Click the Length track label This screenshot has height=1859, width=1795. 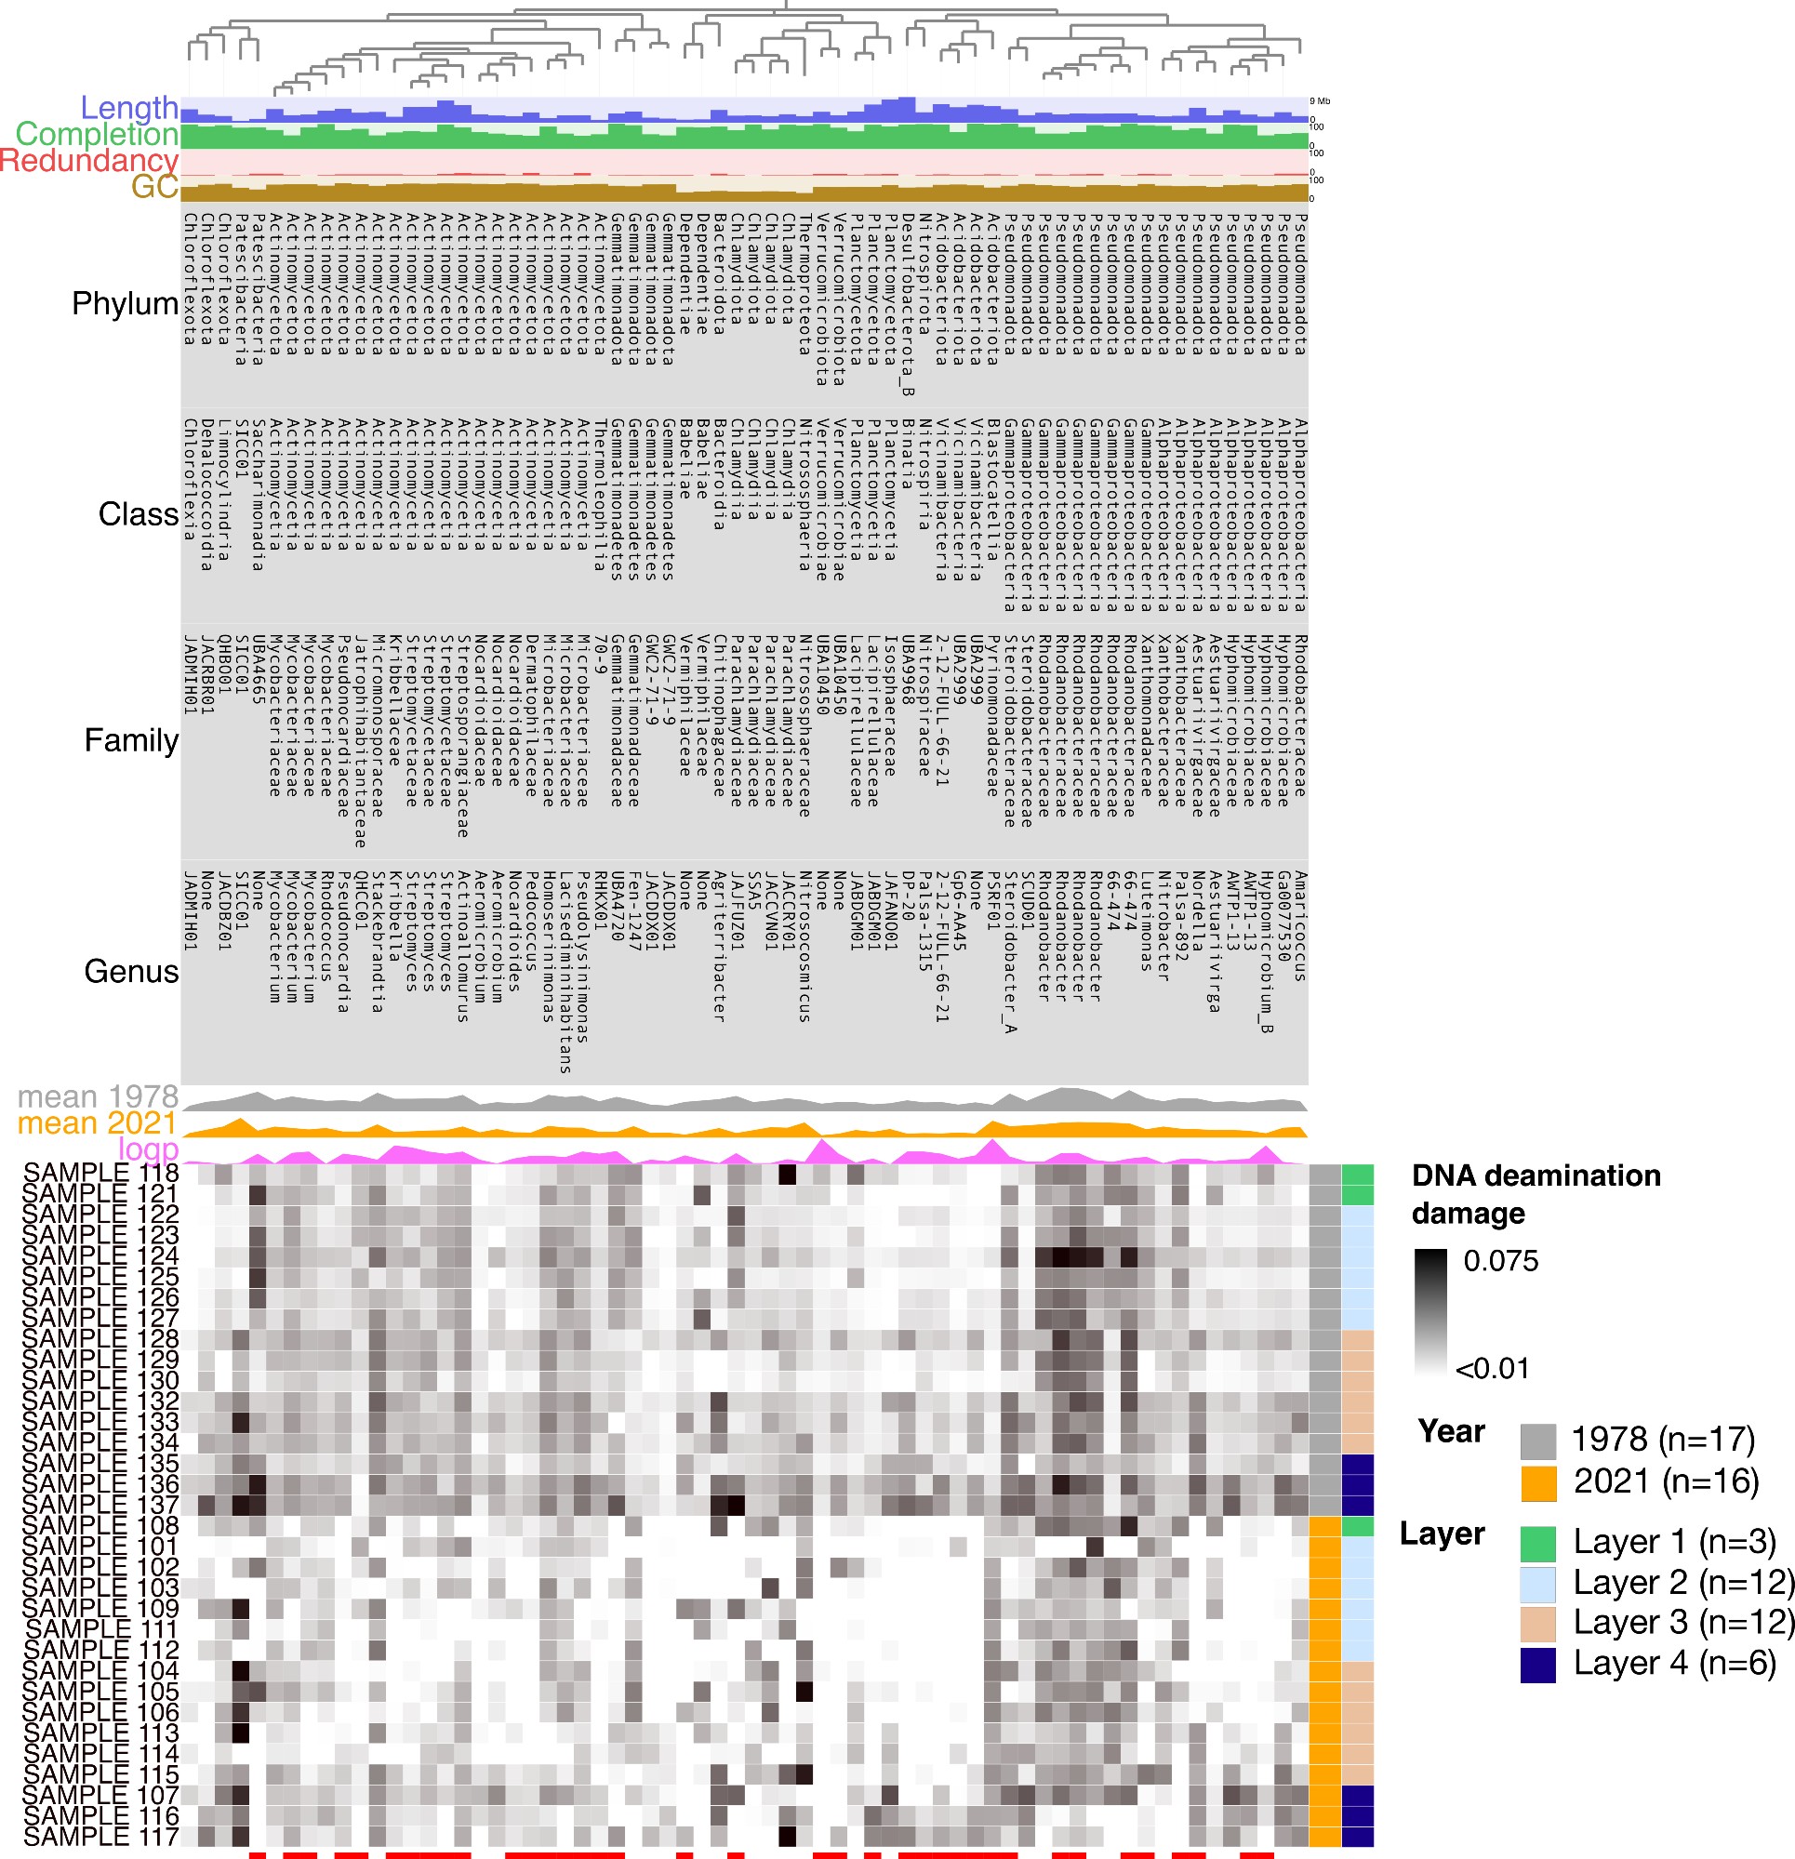[129, 108]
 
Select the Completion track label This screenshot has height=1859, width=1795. [97, 135]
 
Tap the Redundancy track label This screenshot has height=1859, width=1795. [89, 160]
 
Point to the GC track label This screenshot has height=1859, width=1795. [154, 187]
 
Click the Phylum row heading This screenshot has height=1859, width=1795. [126, 303]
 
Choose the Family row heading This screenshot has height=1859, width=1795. [131, 740]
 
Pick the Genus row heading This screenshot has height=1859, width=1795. [131, 971]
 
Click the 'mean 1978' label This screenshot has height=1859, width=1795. [98, 1097]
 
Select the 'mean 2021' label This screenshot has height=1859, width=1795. [98, 1124]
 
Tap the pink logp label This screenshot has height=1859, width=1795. [148, 1149]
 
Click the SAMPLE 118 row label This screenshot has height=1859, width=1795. [100, 1174]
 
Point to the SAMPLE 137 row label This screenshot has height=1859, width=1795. [100, 1506]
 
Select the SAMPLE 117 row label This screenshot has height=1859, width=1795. [100, 1838]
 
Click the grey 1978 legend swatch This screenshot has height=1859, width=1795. [1538, 1441]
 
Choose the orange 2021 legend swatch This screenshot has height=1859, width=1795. [1538, 1483]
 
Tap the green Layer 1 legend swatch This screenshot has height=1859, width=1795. [1538, 1543]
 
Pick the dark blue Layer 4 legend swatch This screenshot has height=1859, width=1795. [1538, 1665]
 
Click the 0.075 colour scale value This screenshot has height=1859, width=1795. [1500, 1260]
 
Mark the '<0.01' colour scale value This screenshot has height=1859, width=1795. [1493, 1369]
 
